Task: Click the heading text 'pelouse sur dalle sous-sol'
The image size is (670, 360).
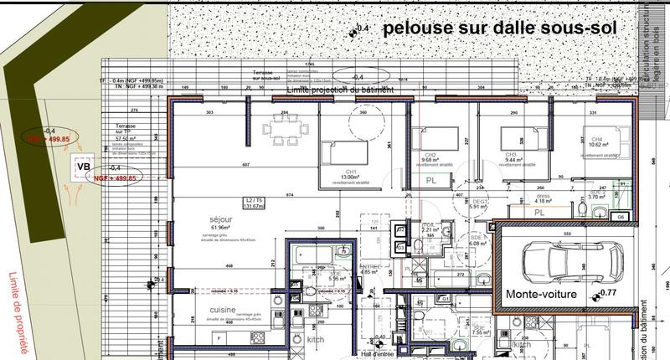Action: pyautogui.click(x=500, y=29)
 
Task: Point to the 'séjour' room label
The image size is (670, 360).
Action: pyautogui.click(x=220, y=219)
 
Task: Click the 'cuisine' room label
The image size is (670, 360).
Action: pyautogui.click(x=222, y=309)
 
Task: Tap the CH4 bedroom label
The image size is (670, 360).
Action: pyautogui.click(x=596, y=140)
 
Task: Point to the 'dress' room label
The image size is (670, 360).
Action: pyautogui.click(x=544, y=196)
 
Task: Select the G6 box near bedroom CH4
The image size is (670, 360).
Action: pyautogui.click(x=621, y=217)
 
